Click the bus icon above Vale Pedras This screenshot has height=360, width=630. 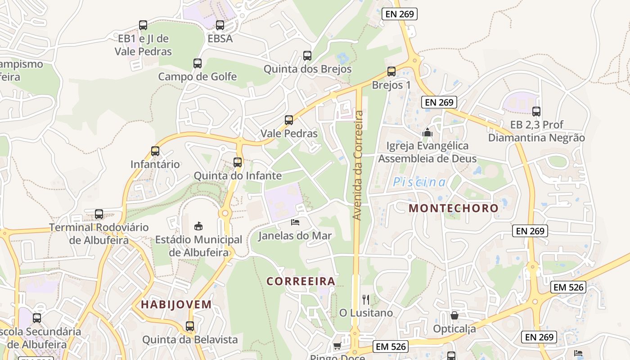pos(289,120)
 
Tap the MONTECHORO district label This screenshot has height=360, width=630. pos(454,208)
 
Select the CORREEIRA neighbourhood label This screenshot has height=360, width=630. pos(301,281)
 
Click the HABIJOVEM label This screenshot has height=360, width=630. pos(176,304)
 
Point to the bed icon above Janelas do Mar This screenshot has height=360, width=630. pos(295,222)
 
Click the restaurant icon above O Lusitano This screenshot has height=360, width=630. pos(366,299)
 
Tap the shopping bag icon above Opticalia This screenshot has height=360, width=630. pos(454,315)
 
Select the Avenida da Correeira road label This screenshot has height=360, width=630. pos(358,165)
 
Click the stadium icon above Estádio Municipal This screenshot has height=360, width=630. pos(198,226)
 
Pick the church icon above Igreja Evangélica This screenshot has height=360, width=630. pos(427,133)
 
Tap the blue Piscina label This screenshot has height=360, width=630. pos(419,182)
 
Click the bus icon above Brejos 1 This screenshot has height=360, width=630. pos(391,72)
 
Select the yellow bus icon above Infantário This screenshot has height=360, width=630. pos(155,151)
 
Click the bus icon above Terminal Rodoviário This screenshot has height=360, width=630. pos(99,214)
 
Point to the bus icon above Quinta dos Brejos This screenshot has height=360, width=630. pos(307,56)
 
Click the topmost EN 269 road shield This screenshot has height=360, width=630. pos(400,14)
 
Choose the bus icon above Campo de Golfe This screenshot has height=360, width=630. pos(198,63)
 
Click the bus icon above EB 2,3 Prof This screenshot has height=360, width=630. pos(536,112)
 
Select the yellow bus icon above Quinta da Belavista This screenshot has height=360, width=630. pos(190,326)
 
